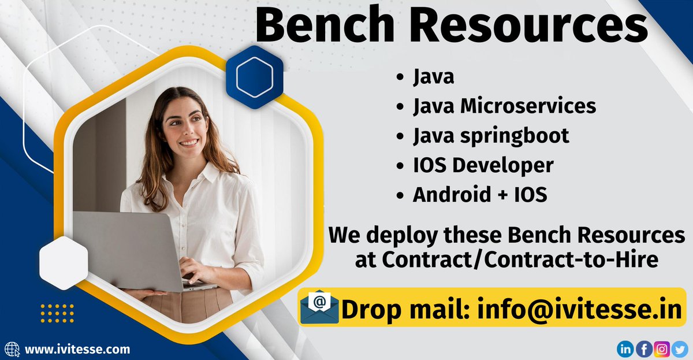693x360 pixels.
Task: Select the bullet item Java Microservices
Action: click(x=504, y=106)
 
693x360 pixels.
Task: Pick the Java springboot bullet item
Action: click(x=491, y=135)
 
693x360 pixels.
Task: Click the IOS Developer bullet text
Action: click(x=483, y=165)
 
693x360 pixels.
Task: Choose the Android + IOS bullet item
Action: click(x=479, y=195)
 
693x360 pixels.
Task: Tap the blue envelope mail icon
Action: click(x=319, y=309)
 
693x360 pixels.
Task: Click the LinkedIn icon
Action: click(x=625, y=348)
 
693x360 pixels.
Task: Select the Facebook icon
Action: click(x=644, y=348)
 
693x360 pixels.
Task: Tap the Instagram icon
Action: click(x=662, y=348)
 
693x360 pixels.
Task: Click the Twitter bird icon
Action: click(x=680, y=348)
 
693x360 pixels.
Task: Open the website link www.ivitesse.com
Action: click(x=77, y=349)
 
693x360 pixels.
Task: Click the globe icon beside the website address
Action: click(x=13, y=349)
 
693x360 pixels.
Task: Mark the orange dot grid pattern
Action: click(x=57, y=313)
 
